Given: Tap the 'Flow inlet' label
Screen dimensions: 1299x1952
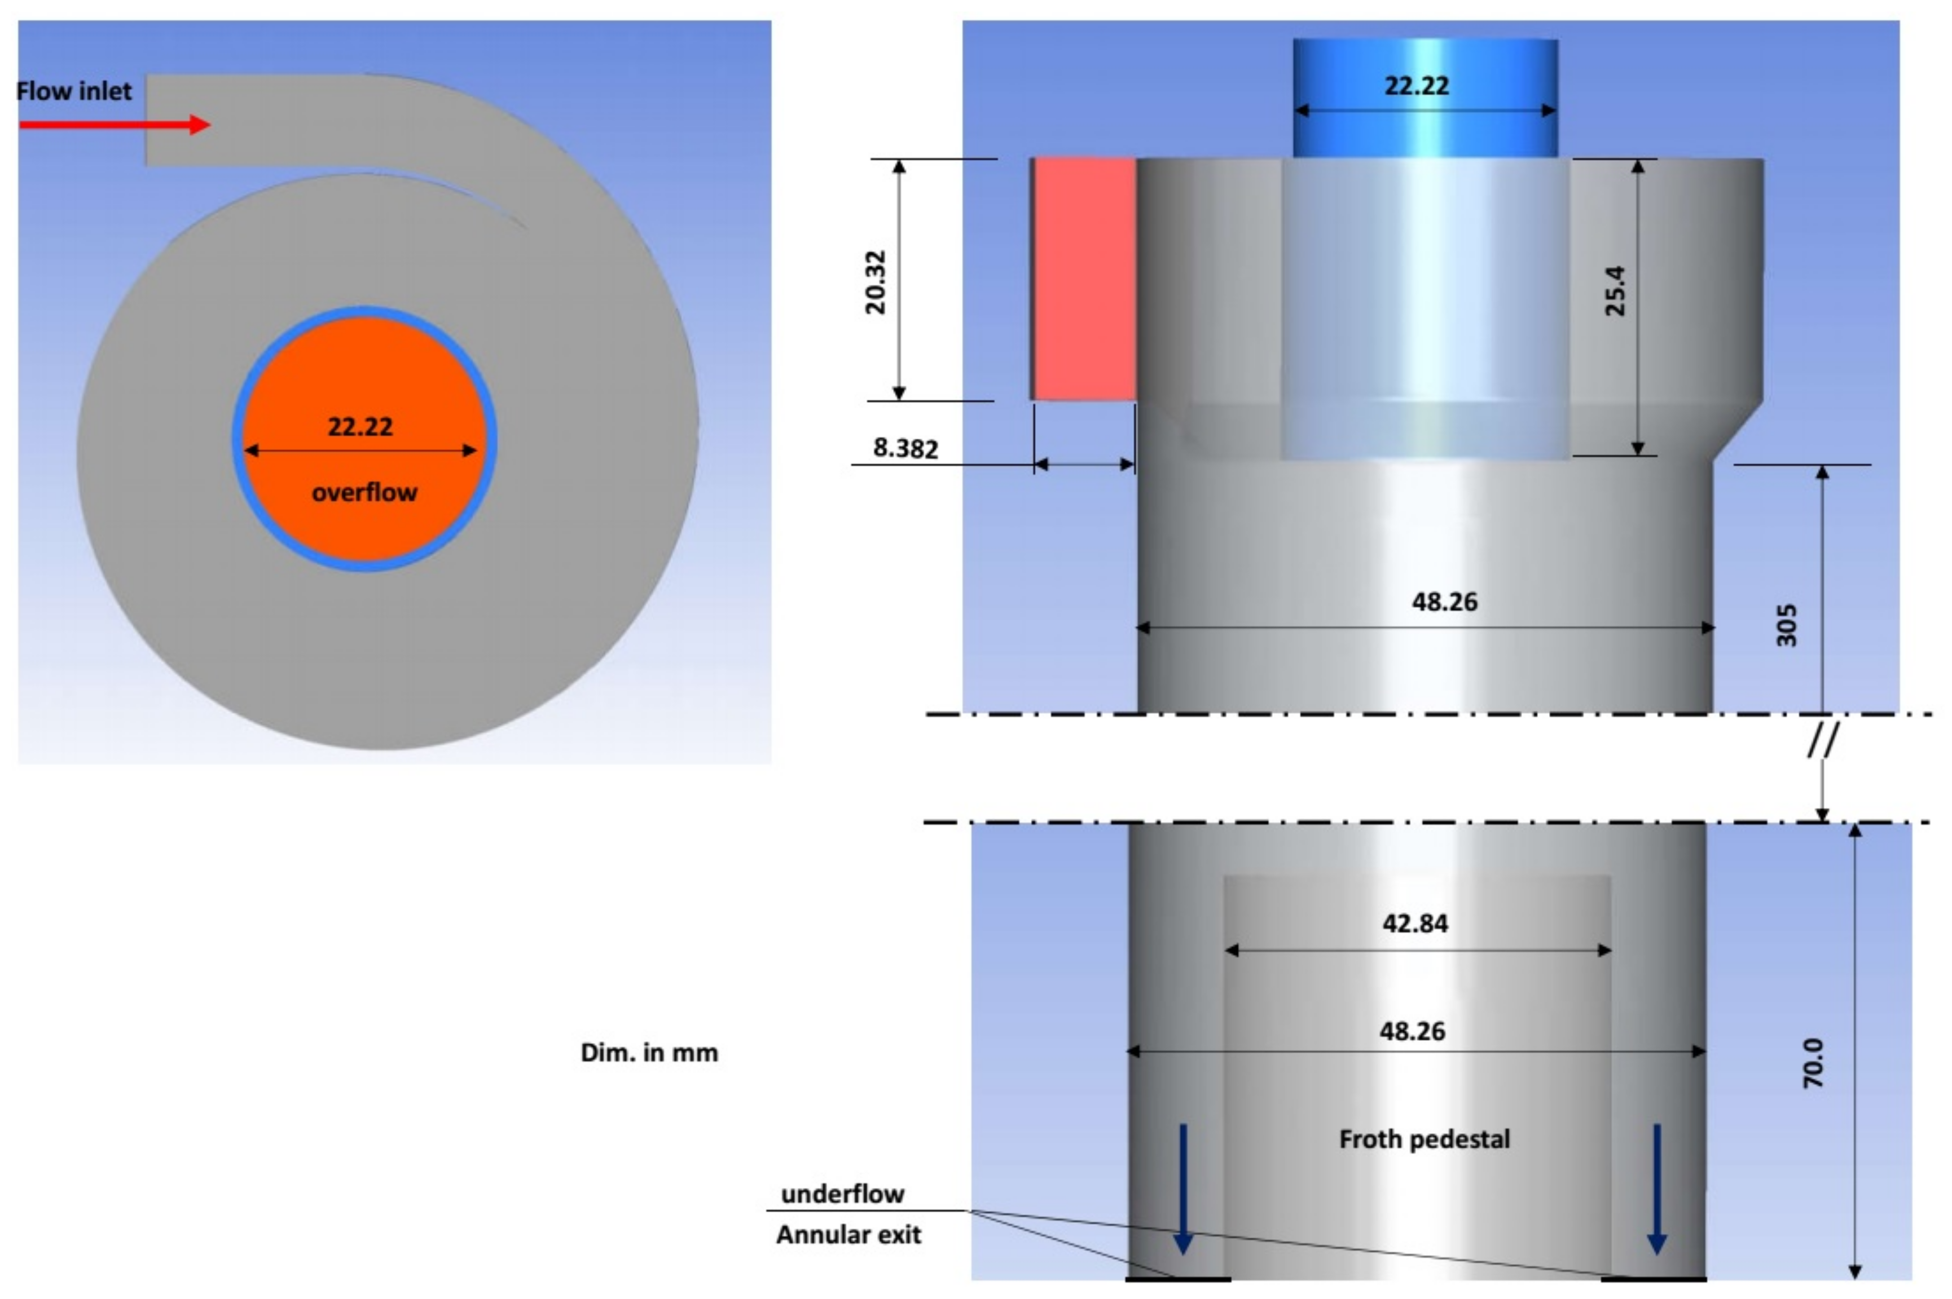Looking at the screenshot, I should pos(74,91).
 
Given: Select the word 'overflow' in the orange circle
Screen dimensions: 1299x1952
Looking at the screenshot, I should pos(364,493).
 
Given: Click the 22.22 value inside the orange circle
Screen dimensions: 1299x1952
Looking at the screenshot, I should pos(360,427).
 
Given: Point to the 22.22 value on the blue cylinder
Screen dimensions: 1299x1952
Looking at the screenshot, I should pos(1417,85).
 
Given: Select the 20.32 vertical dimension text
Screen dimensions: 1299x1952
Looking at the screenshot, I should pos(875,282).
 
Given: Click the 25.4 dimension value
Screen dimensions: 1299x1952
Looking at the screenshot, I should pos(1615,291).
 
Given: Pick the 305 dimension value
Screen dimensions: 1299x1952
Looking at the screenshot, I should pos(1786,625).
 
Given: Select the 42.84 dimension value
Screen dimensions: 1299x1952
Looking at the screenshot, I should pos(1415,923).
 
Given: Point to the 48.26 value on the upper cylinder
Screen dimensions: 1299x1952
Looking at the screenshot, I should pos(1444,602).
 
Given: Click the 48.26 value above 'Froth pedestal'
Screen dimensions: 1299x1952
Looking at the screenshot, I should pos(1412,1031).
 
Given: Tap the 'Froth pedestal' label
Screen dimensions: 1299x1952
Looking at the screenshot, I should pos(1424,1139).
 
